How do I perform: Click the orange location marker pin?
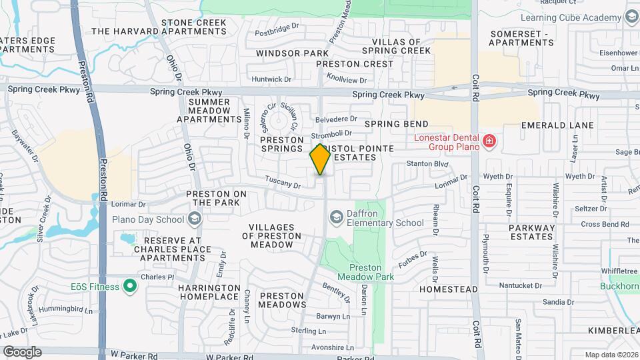[320, 159]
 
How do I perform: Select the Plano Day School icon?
[195, 219]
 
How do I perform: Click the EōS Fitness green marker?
[130, 287]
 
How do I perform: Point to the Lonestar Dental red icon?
[489, 141]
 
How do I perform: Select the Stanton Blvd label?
[428, 163]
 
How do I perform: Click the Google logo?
[22, 351]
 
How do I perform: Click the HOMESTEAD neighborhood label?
[449, 289]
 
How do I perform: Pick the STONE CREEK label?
[194, 23]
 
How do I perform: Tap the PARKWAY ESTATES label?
[532, 232]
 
